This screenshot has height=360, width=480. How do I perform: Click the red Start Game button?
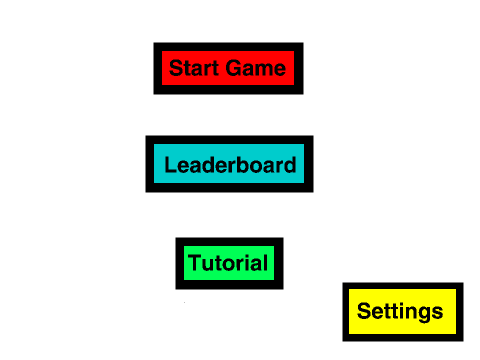pos(228,68)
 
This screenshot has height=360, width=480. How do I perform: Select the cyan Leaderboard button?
pos(229,164)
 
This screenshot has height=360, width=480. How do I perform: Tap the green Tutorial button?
pos(229,263)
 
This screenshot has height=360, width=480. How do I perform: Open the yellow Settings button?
pos(403,312)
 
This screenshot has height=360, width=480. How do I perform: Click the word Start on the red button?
pos(194,68)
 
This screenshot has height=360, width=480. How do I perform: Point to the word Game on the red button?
pos(256,68)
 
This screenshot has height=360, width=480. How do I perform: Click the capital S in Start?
pos(176,68)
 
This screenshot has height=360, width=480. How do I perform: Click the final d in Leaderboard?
pos(290,164)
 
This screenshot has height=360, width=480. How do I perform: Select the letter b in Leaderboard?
pos(247,164)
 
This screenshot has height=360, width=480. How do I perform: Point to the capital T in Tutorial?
pos(195,263)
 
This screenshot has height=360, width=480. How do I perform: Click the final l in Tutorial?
pos(265,262)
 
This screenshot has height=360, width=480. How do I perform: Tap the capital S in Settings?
pos(364,311)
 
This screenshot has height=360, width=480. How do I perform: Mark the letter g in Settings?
pos(426,314)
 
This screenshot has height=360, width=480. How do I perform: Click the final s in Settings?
pos(438,313)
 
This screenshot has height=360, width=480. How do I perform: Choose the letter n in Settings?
pos(413,313)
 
